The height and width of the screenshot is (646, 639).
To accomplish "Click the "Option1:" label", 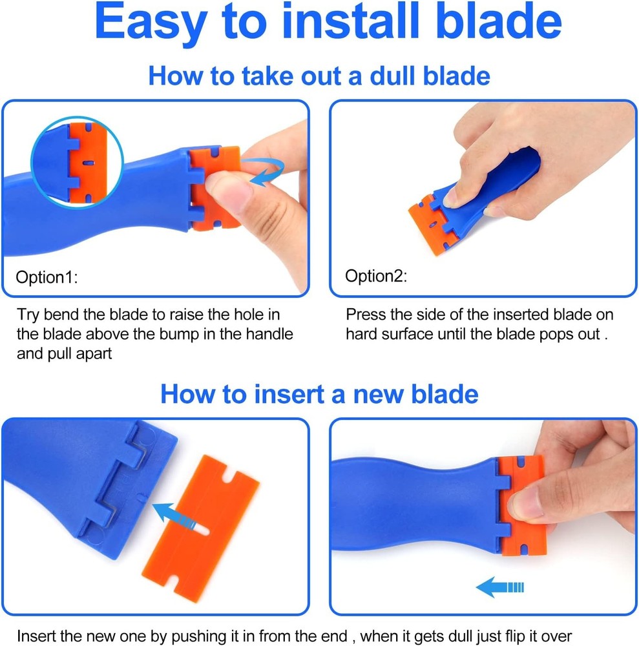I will coord(47,278).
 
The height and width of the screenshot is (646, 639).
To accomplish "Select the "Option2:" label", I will coord(376,276).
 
